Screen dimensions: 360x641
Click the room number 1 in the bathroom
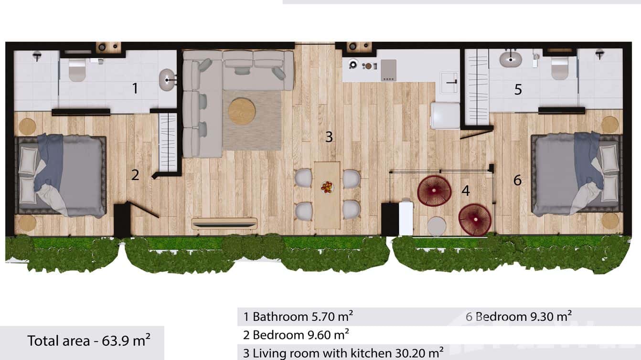point(135,88)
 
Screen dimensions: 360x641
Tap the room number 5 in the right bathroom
point(518,89)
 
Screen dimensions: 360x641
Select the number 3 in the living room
point(329,137)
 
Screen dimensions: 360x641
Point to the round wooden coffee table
point(242,111)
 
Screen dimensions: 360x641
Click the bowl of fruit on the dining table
point(327,187)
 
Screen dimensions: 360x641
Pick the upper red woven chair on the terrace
point(434,191)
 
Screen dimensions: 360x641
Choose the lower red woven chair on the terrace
point(475,220)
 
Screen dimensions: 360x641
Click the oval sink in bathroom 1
point(167,80)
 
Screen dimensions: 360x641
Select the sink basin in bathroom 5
point(511,60)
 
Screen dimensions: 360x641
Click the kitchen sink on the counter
point(449,82)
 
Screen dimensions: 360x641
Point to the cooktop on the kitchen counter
point(388,70)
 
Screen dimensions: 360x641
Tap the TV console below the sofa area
point(224,223)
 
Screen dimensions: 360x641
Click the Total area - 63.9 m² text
point(89,340)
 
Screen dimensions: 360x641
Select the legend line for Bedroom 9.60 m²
point(296,334)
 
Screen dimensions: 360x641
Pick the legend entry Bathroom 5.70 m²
point(299,316)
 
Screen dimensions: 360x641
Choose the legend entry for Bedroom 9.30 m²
point(519,316)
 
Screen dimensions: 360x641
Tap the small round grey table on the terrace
point(437,226)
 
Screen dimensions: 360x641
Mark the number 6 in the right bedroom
point(517,180)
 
